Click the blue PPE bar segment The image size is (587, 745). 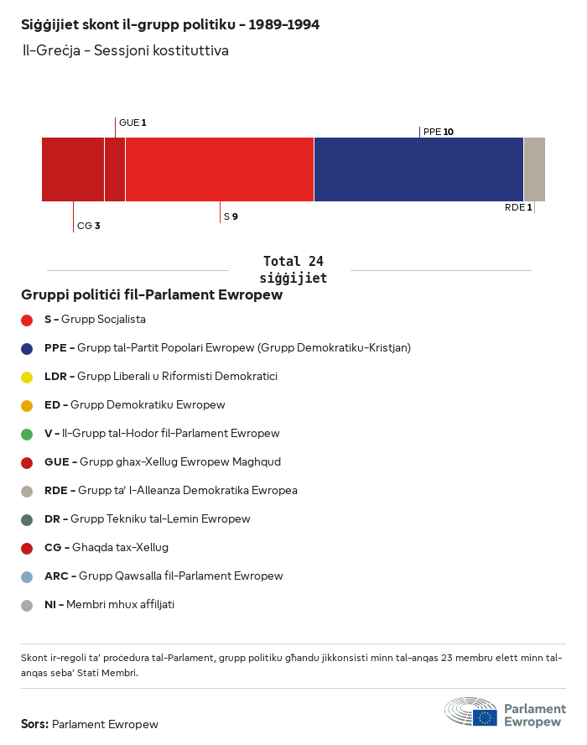pos(418,169)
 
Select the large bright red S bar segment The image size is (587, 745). pos(220,169)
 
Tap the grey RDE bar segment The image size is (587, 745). pos(534,169)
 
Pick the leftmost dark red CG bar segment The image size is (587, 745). pos(73,169)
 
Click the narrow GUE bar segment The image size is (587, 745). pos(115,169)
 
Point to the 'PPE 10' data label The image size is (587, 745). pos(439,132)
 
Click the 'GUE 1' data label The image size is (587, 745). pos(132,122)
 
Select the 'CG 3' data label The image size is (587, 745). pos(88,226)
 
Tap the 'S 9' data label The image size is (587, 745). pos(231,216)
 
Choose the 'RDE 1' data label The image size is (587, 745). pos(518,207)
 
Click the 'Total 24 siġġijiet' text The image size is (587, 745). pos(293,269)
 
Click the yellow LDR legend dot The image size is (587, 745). pos(27,377)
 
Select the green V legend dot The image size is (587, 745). pos(27,434)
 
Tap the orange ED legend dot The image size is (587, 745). pos(27,405)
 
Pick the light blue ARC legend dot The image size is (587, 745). pos(27,576)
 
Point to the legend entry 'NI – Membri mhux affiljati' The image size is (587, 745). pos(109,605)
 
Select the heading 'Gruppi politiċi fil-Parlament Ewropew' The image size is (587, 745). pos(152,295)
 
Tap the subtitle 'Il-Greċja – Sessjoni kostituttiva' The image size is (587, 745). pos(125,50)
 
